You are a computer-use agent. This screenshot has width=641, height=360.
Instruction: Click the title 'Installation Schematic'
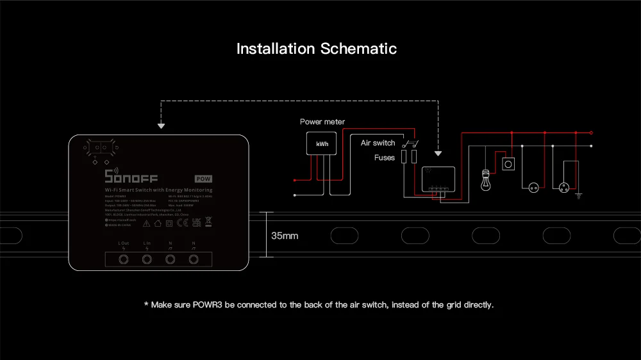pyautogui.click(x=317, y=49)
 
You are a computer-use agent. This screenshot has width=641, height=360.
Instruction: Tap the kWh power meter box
pyautogui.click(x=322, y=144)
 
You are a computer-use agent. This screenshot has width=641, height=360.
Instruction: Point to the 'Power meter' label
pyautogui.click(x=322, y=122)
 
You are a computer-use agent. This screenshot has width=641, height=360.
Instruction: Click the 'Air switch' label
pyautogui.click(x=378, y=143)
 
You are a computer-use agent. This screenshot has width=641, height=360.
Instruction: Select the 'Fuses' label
pyautogui.click(x=385, y=157)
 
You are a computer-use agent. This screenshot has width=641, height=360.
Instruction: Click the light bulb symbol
pyautogui.click(x=485, y=180)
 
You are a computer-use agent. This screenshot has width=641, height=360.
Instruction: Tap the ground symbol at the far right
pyautogui.click(x=579, y=194)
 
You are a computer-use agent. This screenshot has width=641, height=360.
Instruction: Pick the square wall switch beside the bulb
pyautogui.click(x=508, y=164)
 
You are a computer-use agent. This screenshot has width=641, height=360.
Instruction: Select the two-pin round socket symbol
pyautogui.click(x=532, y=187)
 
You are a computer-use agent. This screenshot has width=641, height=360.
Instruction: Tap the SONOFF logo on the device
pyautogui.click(x=131, y=177)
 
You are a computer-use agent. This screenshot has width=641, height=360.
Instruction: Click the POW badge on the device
pyautogui.click(x=203, y=178)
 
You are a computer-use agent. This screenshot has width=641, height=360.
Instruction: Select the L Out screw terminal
pyautogui.click(x=124, y=259)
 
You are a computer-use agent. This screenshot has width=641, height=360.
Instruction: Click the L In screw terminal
pyautogui.click(x=147, y=259)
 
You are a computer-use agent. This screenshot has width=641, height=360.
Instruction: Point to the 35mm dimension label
pyautogui.click(x=285, y=236)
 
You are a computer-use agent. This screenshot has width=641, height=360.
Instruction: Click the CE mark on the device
pyautogui.click(x=181, y=224)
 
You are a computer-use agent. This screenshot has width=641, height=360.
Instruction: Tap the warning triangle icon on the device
pyautogui.click(x=146, y=224)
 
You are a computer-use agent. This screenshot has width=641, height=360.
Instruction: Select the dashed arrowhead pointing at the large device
pyautogui.click(x=161, y=126)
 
